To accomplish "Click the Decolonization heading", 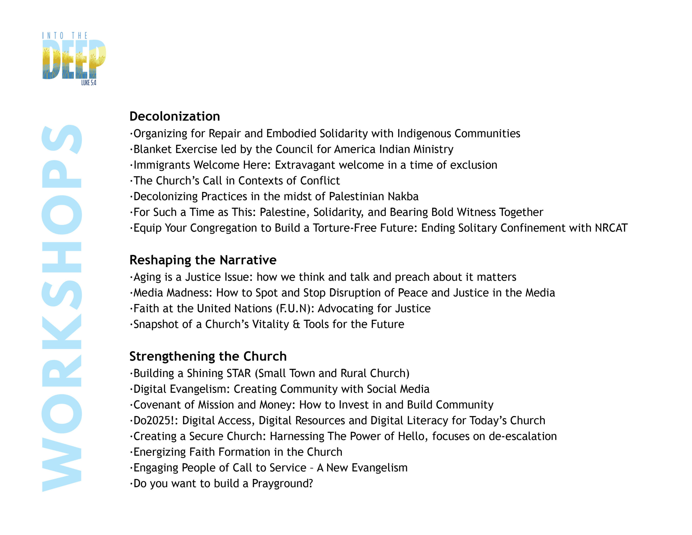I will coord(175,116).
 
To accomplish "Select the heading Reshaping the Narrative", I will coord(203,260).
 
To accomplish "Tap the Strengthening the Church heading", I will coord(208,356).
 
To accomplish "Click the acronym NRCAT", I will coord(611,228).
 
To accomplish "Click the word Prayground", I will coord(282,483).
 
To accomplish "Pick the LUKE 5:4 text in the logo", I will coord(88,83).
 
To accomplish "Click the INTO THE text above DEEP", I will coord(65,35).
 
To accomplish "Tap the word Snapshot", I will coord(156,324).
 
